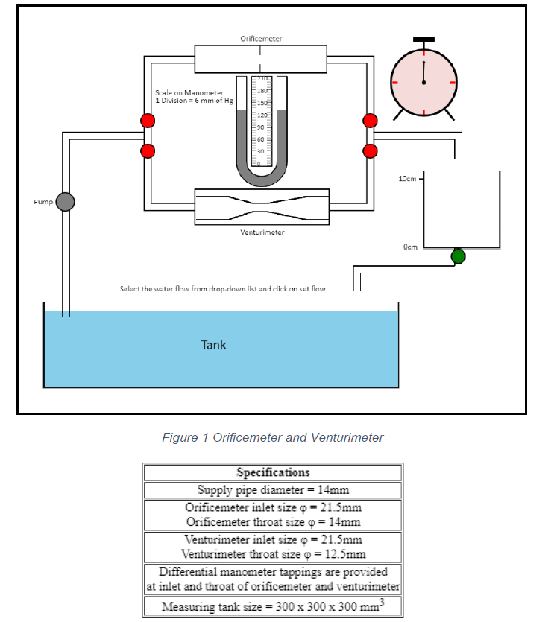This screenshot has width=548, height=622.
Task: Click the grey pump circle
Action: (x=66, y=201)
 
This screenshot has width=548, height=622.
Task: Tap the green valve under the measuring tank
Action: (x=459, y=256)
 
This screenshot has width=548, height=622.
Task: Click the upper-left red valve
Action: (x=148, y=121)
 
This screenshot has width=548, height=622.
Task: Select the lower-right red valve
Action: (x=371, y=150)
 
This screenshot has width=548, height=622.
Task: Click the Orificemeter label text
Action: (x=261, y=38)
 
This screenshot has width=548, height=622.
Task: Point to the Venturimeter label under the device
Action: (x=262, y=232)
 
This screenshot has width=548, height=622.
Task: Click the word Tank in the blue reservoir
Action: (x=213, y=345)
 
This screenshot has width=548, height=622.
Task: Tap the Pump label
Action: (x=43, y=202)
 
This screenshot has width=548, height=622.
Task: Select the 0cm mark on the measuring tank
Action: (x=410, y=246)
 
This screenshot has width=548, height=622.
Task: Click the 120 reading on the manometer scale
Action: (x=262, y=115)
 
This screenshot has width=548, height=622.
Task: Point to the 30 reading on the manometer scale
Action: (x=262, y=151)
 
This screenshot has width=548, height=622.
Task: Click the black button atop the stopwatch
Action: (x=423, y=39)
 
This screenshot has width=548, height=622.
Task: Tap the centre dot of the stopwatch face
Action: (x=423, y=82)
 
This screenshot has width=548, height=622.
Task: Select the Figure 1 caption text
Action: (x=273, y=437)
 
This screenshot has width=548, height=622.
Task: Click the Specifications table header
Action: (x=273, y=472)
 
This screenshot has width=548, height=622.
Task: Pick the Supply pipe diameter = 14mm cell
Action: (x=273, y=490)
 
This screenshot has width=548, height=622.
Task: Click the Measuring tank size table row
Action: (x=273, y=606)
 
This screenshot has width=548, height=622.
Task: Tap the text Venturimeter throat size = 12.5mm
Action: (x=273, y=554)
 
